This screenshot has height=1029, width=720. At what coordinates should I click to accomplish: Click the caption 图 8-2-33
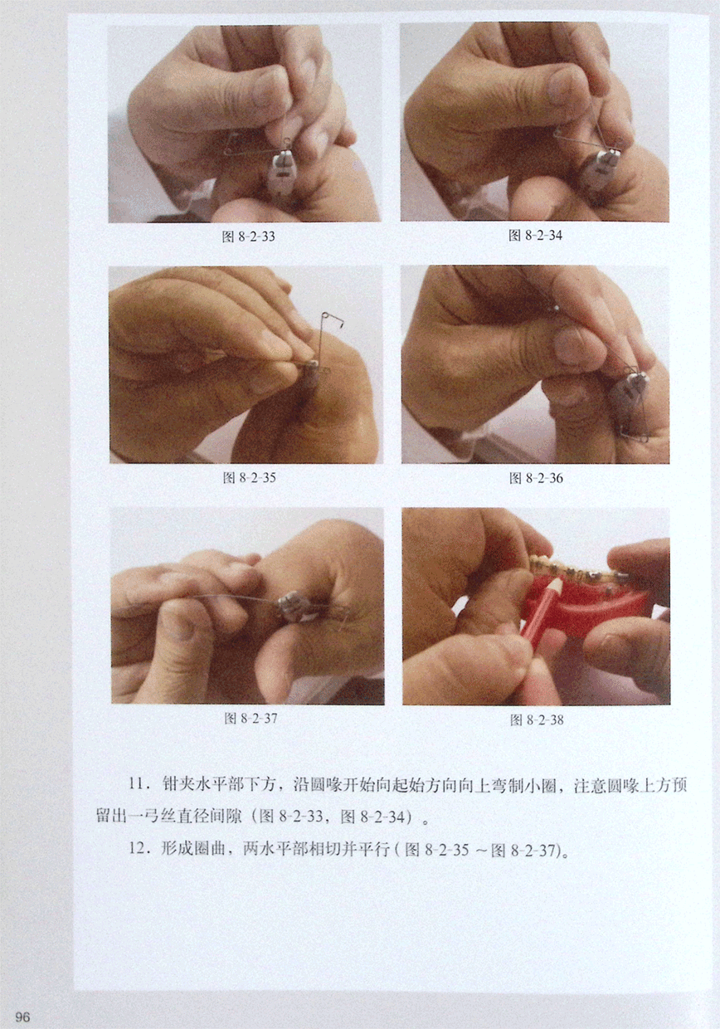tap(248, 237)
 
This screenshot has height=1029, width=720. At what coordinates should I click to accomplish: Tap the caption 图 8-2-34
tap(535, 236)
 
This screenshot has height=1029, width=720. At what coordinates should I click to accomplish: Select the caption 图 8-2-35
tap(249, 478)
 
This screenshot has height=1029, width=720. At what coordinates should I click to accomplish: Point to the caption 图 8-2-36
tap(536, 478)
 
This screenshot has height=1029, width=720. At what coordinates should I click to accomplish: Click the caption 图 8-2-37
tap(251, 718)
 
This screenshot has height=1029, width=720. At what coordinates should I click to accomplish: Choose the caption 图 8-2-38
tap(537, 719)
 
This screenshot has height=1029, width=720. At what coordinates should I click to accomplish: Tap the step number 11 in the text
tap(136, 783)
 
